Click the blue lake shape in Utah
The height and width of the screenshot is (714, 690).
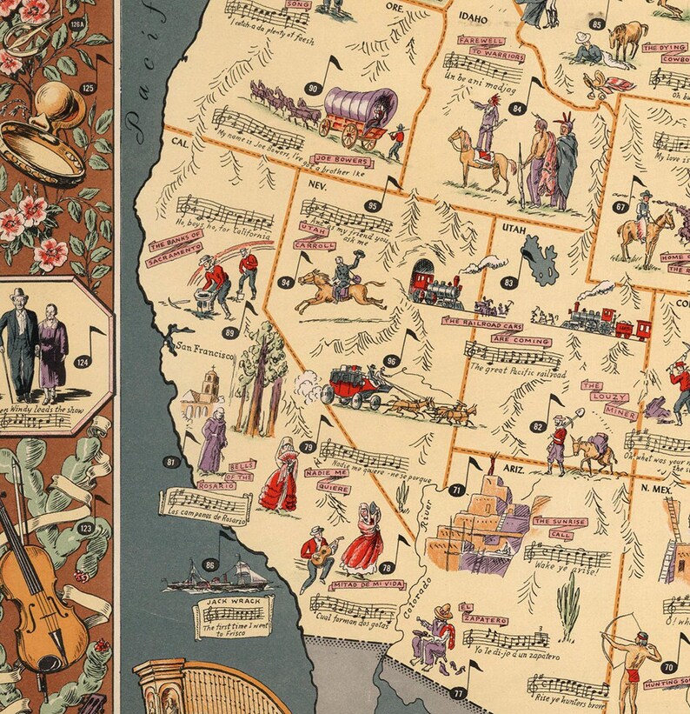(x=541, y=264)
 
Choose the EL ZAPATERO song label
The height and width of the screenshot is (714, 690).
(x=483, y=613)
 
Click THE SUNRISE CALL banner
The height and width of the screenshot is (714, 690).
(x=561, y=527)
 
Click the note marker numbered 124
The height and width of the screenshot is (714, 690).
(x=83, y=362)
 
